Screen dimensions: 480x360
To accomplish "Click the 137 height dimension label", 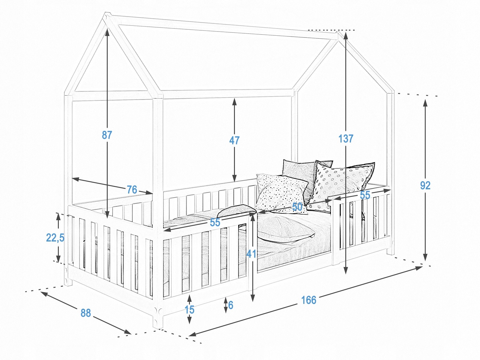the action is point(346,139).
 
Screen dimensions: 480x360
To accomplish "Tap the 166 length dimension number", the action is point(309,300).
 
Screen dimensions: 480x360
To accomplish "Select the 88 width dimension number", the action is point(86,313).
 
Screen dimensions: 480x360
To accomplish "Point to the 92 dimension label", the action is point(425,185).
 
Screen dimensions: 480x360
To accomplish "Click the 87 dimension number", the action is point(107,135).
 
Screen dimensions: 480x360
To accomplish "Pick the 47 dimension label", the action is point(234,140).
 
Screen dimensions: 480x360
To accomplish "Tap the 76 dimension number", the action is point(132,190).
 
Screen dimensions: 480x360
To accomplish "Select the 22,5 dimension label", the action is point(55,238).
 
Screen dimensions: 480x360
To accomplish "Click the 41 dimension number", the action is point(251,254).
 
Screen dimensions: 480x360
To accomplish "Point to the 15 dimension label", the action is point(189,310).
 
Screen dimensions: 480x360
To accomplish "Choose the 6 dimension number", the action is point(231,305).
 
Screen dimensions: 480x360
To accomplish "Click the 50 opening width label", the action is point(297,207).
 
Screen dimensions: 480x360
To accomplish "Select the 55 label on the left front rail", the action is point(215,223).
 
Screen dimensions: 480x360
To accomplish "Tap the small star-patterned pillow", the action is point(281,193).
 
